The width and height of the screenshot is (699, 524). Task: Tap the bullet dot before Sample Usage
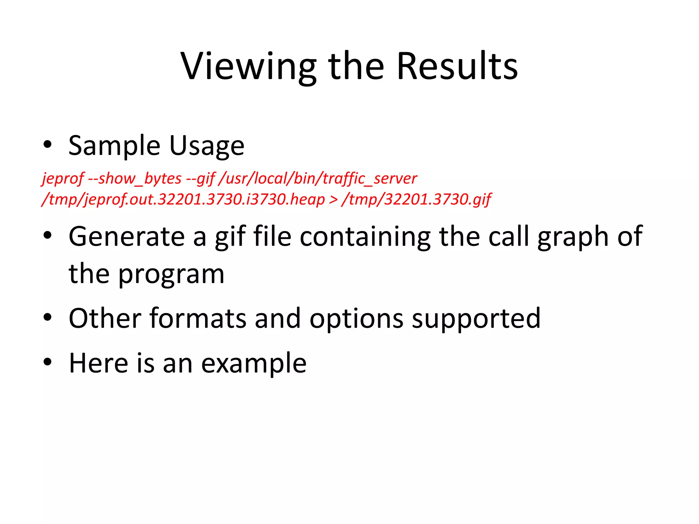[47, 145]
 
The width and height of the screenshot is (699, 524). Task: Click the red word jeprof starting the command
[62, 179]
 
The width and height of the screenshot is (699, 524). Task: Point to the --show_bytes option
[135, 179]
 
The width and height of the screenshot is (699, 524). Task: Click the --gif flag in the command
[200, 179]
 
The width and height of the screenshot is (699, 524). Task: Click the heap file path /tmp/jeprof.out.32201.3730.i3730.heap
[183, 200]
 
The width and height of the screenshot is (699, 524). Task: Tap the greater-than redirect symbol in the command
[333, 200]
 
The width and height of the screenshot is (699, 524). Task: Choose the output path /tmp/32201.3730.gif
[416, 200]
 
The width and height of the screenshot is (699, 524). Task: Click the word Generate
[127, 236]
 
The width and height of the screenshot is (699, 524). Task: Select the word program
[171, 275]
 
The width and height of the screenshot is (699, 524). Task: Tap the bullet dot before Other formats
[47, 317]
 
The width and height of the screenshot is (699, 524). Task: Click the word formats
[198, 318]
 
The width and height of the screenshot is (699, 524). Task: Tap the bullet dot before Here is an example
[47, 362]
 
